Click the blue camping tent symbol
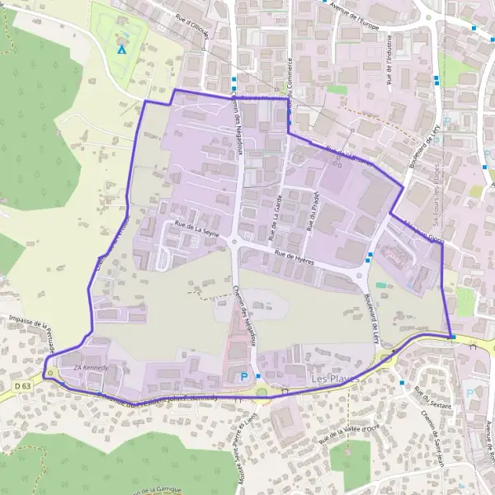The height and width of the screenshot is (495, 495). pos(122,49)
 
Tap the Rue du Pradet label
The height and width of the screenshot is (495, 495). pos(313,210)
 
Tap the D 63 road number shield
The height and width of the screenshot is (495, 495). pos(21,384)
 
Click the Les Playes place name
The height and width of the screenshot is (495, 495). pos(331,379)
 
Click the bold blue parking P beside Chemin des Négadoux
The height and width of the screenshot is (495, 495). pos(243,377)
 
